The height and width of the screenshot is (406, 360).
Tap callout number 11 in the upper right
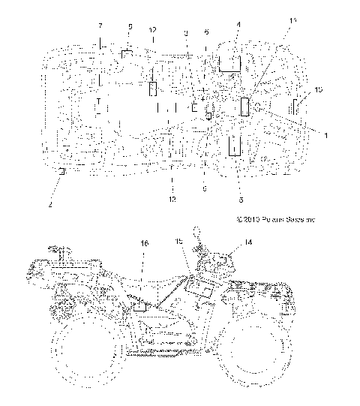pyautogui.click(x=292, y=20)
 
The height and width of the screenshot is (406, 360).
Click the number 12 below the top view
pyautogui.click(x=172, y=199)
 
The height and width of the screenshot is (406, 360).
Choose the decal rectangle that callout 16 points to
pyautogui.click(x=140, y=307)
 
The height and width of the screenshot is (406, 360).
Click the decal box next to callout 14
pyautogui.click(x=223, y=260)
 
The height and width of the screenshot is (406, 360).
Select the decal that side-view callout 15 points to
pyautogui.click(x=198, y=285)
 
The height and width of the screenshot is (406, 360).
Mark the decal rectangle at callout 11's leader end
pyautogui.click(x=244, y=106)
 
